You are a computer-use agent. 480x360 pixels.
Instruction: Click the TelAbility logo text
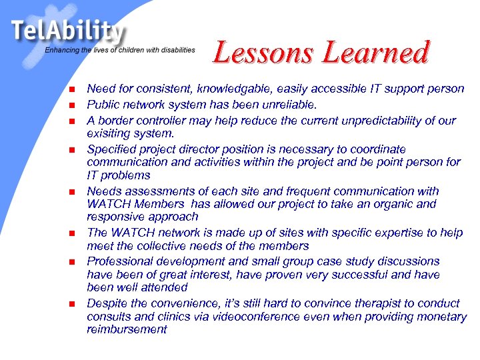click(67, 31)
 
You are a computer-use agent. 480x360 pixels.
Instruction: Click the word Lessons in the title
click(263, 53)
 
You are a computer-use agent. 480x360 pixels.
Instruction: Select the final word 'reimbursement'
click(127, 329)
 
